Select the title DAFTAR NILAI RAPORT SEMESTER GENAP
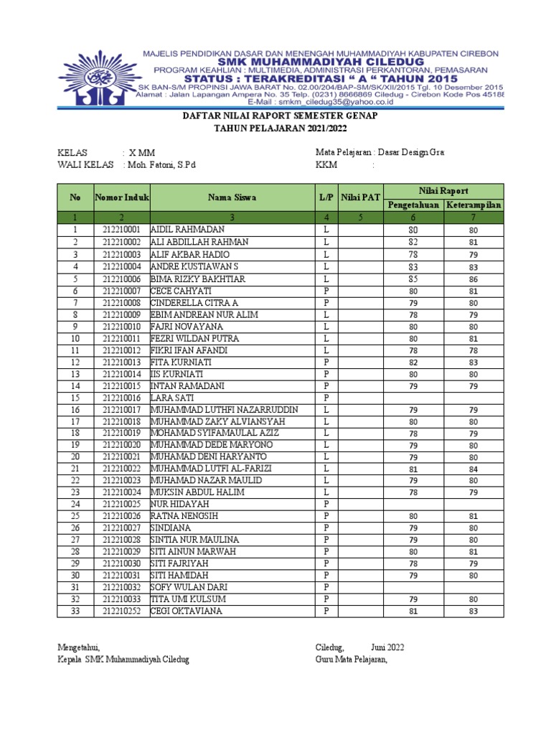click(280, 116)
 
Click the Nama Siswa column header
click(232, 197)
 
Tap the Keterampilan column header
click(473, 205)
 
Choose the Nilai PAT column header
click(360, 197)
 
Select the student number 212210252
click(121, 611)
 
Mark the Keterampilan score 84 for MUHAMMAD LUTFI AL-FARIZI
click(473, 469)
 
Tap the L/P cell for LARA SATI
click(326, 397)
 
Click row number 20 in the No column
click(75, 457)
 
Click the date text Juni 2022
click(387, 647)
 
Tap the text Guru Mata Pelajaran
click(351, 660)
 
